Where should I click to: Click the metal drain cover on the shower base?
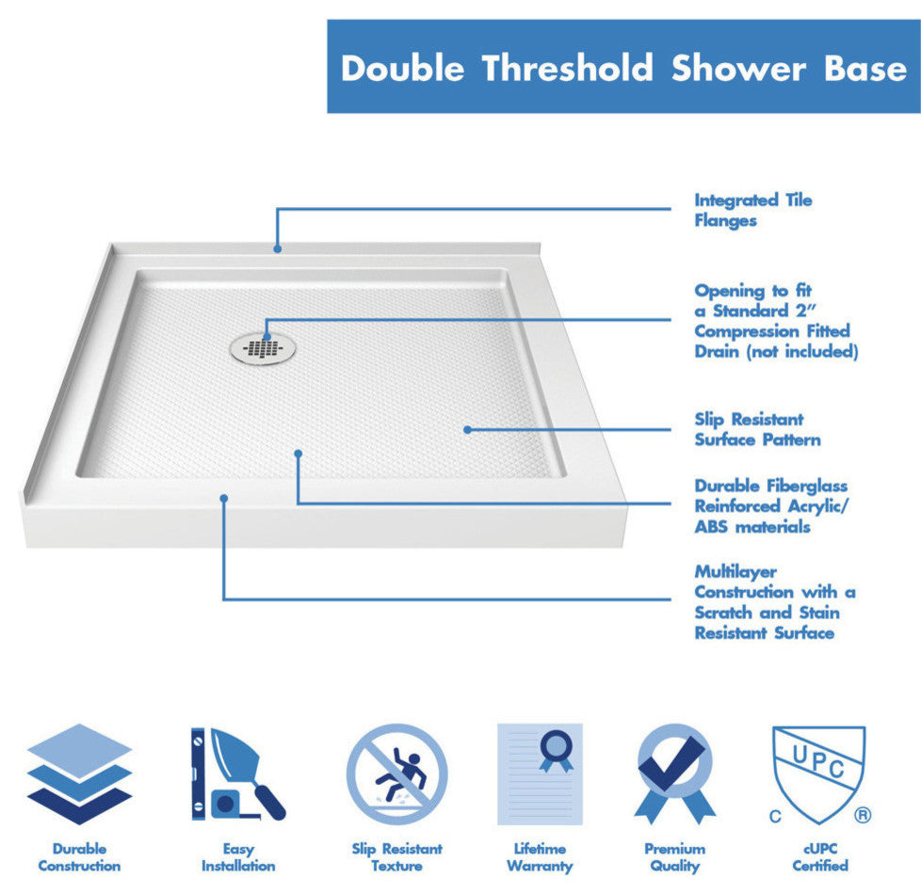point(264,346)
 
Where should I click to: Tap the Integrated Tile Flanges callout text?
point(752,210)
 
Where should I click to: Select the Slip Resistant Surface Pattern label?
point(757,429)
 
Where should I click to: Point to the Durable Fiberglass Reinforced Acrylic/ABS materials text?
point(770,506)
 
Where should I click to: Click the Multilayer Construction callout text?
point(774,602)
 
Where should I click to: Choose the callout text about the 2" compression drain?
point(776,321)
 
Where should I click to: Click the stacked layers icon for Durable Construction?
point(79,774)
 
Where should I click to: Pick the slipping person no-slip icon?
point(396,774)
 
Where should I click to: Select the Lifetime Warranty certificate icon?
point(540,774)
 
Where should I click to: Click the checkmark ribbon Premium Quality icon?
point(674,774)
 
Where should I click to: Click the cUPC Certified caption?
point(819,856)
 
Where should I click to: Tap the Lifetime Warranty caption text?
point(540,856)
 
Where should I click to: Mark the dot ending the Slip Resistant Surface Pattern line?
point(467,429)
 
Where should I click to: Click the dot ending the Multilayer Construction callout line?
point(224,498)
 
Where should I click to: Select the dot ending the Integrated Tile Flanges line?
point(278,248)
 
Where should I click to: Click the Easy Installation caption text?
point(237,856)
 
